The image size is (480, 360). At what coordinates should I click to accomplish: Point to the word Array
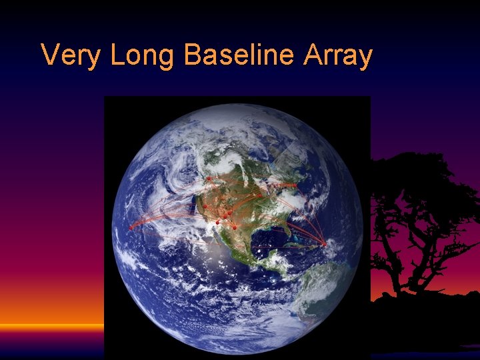pyautogui.click(x=337, y=55)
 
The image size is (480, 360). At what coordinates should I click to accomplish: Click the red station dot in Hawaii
pyautogui.click(x=131, y=227)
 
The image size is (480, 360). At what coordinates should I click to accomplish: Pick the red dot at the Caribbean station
pyautogui.click(x=324, y=245)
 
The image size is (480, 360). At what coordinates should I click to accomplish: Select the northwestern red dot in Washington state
pyautogui.click(x=209, y=179)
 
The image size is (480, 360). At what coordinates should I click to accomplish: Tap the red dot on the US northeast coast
pyautogui.click(x=295, y=185)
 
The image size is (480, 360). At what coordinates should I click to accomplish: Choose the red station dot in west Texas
pyautogui.click(x=235, y=227)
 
